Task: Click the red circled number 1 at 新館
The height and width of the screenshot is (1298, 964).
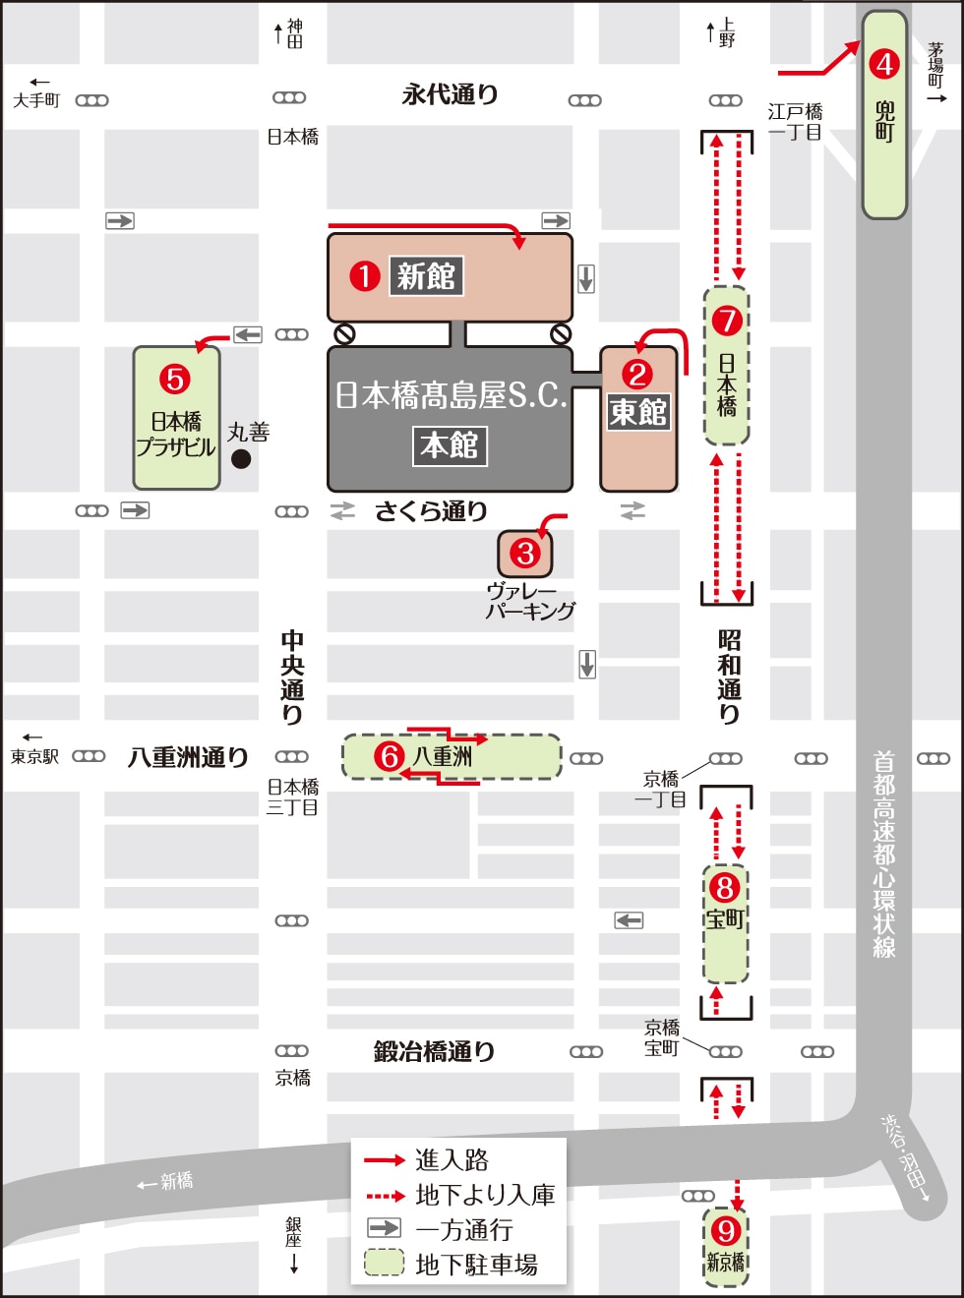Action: click(x=365, y=276)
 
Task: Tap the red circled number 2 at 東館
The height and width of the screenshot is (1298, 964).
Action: click(x=637, y=374)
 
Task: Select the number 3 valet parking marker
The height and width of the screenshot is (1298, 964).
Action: click(x=525, y=554)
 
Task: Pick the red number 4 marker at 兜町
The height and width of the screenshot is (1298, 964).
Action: click(x=884, y=64)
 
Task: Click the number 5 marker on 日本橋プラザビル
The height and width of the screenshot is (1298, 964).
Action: click(x=175, y=379)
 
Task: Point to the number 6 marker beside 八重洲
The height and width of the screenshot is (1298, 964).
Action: click(x=390, y=756)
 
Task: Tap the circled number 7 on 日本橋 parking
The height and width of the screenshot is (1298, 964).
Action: click(x=727, y=320)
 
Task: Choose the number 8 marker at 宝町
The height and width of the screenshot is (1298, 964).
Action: click(x=725, y=887)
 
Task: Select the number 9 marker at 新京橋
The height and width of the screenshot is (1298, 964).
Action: click(x=726, y=1230)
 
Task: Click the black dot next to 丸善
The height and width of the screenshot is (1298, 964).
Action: click(x=241, y=458)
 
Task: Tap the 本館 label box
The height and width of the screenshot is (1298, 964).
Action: click(x=450, y=445)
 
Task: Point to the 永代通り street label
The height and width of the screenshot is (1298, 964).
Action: click(x=450, y=94)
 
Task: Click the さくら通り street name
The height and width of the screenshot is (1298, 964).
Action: click(x=431, y=511)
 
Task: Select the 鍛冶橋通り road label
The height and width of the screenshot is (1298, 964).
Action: click(x=434, y=1051)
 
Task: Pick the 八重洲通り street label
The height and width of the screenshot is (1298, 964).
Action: click(x=188, y=757)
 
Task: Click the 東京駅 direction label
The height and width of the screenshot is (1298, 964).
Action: click(x=34, y=756)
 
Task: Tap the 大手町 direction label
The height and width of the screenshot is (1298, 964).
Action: click(x=36, y=100)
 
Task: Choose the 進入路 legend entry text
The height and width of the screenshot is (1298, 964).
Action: click(x=452, y=1160)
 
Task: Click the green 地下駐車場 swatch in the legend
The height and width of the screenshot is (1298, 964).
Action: click(x=384, y=1263)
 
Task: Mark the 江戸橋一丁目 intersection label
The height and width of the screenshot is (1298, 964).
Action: click(x=795, y=122)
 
